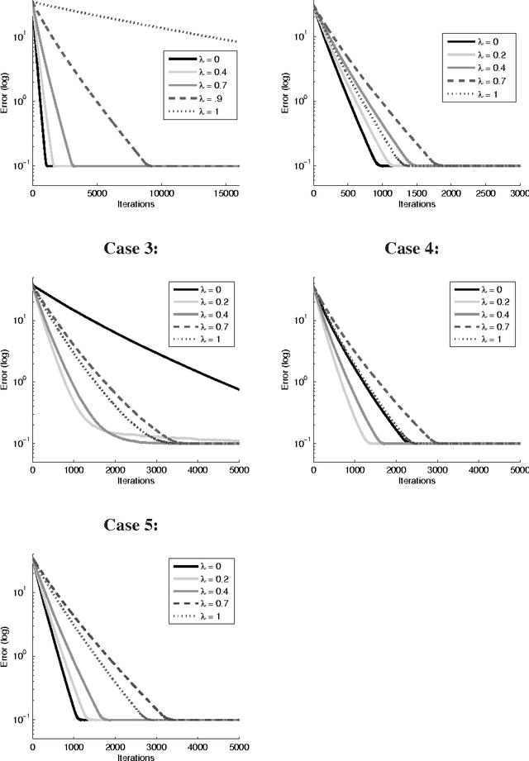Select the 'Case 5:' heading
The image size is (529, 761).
pyautogui.click(x=133, y=525)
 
